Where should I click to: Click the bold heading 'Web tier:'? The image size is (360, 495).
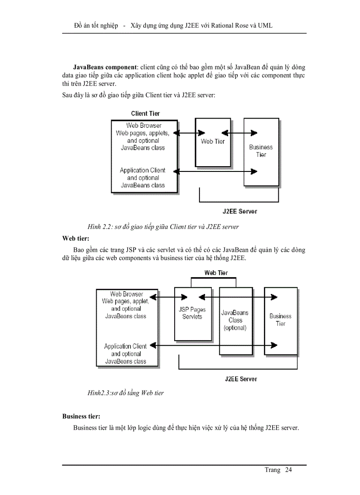coord(75,238)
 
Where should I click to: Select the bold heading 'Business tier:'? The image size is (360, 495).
coord(81,416)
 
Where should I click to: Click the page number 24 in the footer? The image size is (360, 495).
coord(288,470)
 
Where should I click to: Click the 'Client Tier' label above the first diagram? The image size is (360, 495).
coord(145,114)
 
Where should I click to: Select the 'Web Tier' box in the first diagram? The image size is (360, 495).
coord(213,142)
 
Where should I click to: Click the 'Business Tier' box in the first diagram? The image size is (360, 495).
coord(261,151)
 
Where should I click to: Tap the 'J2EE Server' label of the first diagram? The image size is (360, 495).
coord(240,212)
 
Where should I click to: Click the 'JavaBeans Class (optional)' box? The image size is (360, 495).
coord(235,320)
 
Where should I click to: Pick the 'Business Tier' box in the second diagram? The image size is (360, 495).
coord(281,320)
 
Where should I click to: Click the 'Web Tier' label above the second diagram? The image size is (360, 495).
coord(216,273)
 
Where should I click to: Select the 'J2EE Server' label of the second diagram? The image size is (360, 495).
coord(240,379)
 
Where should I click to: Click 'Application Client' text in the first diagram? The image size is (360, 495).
coord(142,171)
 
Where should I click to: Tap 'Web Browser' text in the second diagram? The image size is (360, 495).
coord(127,294)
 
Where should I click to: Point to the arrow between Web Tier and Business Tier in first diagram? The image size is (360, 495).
coord(240,133)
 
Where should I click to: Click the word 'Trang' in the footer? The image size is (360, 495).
coord(272,470)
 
